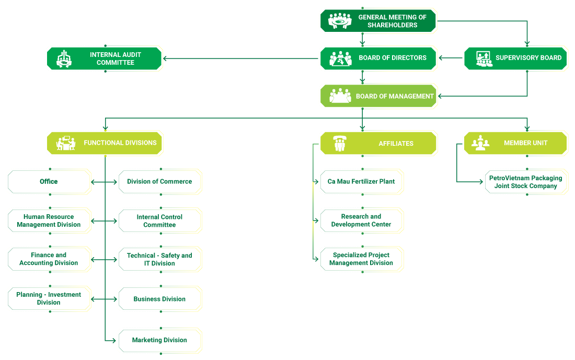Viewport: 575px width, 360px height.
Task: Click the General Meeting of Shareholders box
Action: (x=378, y=21)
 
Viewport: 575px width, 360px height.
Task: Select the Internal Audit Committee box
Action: (x=104, y=59)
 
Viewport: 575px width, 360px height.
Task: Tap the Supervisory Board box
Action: (x=515, y=59)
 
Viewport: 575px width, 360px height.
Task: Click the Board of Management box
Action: (x=378, y=96)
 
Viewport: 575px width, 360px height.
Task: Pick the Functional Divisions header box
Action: (x=105, y=143)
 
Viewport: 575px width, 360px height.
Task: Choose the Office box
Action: (x=49, y=182)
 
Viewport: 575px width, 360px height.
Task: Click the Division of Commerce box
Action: (x=160, y=182)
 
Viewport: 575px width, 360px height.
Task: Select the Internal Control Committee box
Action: (x=160, y=221)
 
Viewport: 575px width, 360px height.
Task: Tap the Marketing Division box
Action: (x=160, y=341)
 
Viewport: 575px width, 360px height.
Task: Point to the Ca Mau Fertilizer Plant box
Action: (x=362, y=182)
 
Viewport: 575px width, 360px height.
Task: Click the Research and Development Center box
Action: (x=362, y=220)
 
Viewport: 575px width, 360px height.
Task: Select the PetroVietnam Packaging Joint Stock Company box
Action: (x=526, y=182)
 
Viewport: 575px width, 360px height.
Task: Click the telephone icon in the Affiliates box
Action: (x=340, y=143)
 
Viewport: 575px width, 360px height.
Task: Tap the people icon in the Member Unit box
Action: (x=480, y=143)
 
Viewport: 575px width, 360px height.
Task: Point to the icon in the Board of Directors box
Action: (x=340, y=59)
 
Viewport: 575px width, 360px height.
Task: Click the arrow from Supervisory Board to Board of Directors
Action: (x=451, y=58)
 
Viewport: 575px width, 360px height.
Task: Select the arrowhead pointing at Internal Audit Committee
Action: (x=165, y=59)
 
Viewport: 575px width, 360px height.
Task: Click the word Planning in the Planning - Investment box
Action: (x=29, y=295)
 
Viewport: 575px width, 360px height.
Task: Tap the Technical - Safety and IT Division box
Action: (x=160, y=260)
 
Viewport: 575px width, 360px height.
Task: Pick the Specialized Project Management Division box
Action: (x=362, y=259)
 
